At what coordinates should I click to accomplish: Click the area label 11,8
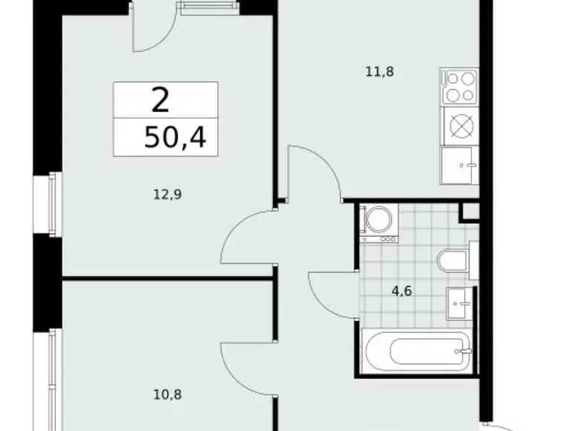pos(378,72)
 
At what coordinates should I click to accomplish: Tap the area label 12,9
pos(168,195)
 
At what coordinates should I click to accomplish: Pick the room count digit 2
pos(158,98)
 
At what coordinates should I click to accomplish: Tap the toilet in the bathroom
pos(452,261)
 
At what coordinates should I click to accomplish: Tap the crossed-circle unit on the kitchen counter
pos(460,125)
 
